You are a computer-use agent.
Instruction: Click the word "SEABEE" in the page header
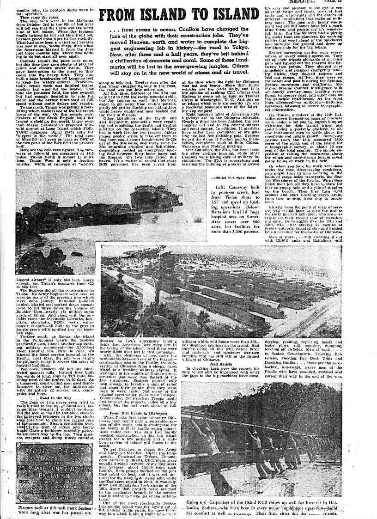point(305,2)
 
